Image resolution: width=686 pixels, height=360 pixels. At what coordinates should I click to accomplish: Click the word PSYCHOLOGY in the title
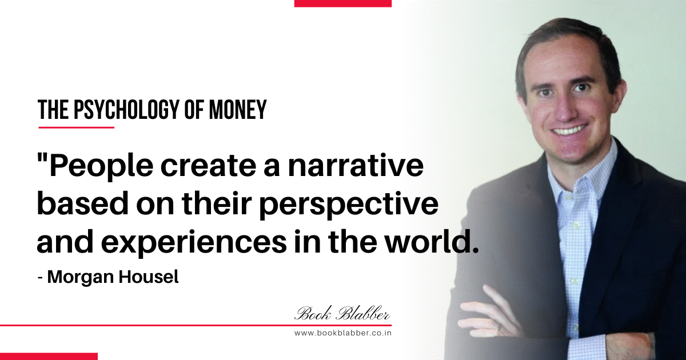click(x=126, y=109)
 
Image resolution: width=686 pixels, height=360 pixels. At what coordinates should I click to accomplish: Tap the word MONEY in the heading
click(x=238, y=109)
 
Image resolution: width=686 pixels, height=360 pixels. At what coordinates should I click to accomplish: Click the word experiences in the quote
click(x=194, y=243)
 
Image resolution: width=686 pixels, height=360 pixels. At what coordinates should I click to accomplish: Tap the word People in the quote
click(x=101, y=168)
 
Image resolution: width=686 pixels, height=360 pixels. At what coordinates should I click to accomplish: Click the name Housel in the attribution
click(x=149, y=277)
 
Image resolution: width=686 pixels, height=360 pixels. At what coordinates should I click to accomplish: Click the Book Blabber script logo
click(x=342, y=313)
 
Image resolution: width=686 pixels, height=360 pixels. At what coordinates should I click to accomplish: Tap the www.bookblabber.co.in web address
click(x=342, y=333)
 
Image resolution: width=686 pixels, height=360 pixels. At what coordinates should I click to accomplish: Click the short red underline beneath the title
click(x=76, y=127)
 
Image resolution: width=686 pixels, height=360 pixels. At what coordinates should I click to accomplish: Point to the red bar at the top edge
click(x=342, y=3)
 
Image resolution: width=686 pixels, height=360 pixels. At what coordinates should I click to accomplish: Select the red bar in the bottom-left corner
click(x=49, y=357)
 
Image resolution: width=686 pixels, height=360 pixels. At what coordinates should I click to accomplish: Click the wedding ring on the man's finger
click(x=500, y=327)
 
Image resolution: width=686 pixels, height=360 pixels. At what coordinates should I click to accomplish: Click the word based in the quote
click(x=83, y=203)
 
